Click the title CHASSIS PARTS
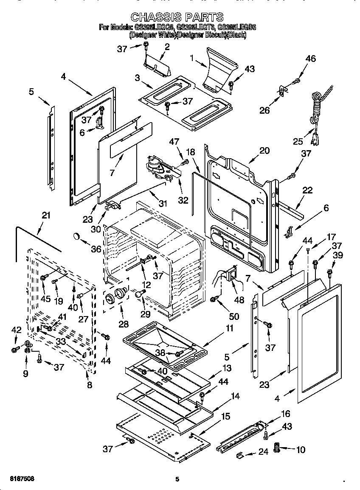tap(177, 17)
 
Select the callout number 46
tap(310, 59)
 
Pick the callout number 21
tap(46, 215)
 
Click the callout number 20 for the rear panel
tap(264, 150)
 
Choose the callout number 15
tap(226, 416)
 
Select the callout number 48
tap(239, 300)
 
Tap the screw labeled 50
tap(215, 300)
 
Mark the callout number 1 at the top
tap(194, 59)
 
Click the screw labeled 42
tap(15, 350)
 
